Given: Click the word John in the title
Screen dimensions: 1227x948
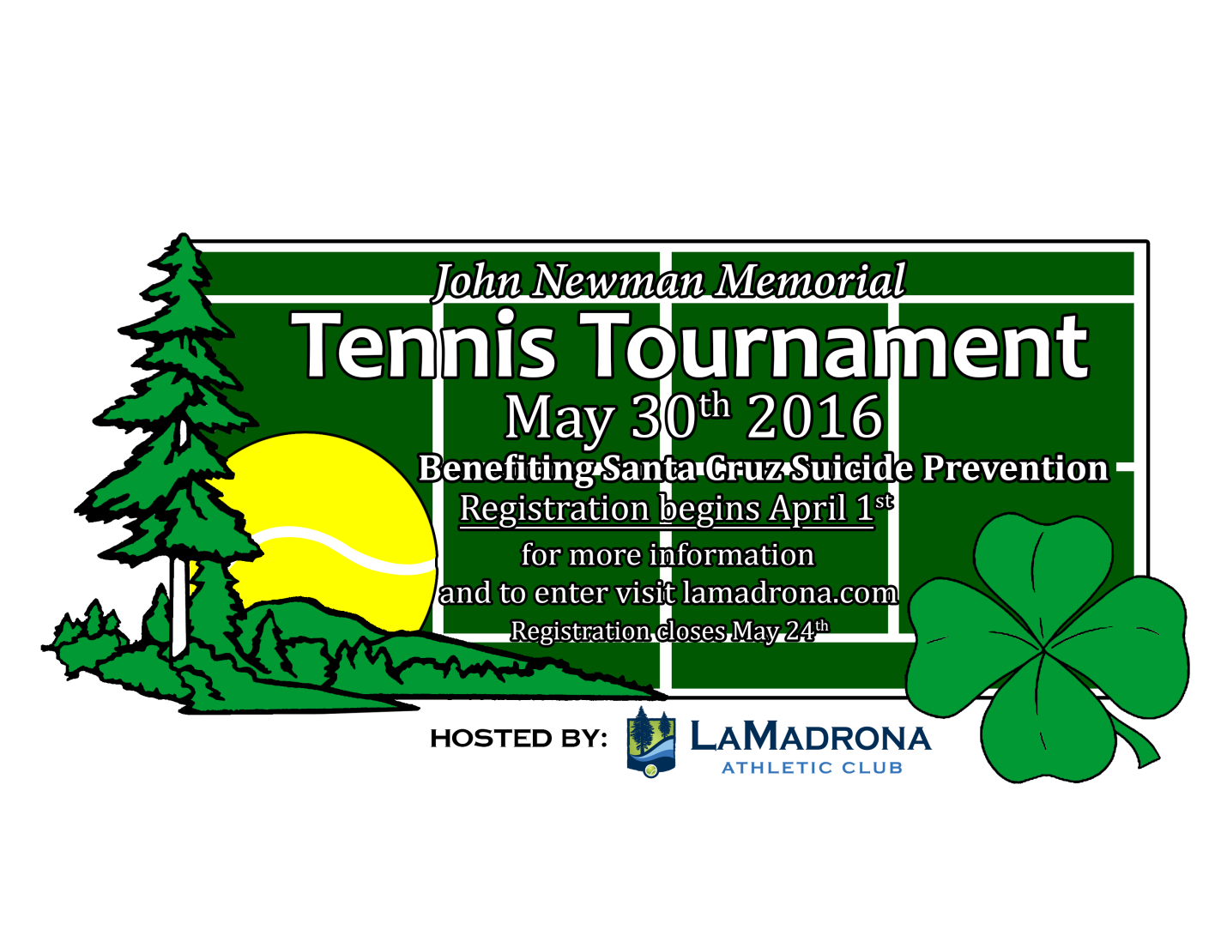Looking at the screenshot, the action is (476, 281).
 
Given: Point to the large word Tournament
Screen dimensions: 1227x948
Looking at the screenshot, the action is (833, 345).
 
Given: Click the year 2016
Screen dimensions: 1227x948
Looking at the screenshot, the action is (815, 417).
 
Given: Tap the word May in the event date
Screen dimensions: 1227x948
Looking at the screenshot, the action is (559, 420).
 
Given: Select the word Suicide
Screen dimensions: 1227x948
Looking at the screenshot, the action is (851, 468).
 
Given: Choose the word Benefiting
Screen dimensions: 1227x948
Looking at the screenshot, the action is (505, 469).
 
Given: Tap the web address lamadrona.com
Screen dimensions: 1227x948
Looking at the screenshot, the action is (790, 593).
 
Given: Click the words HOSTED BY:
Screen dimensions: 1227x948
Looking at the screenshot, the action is (518, 739).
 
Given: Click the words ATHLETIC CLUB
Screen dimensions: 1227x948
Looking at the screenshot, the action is (812, 768).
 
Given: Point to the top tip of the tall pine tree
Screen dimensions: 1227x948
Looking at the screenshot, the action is (183, 233).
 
